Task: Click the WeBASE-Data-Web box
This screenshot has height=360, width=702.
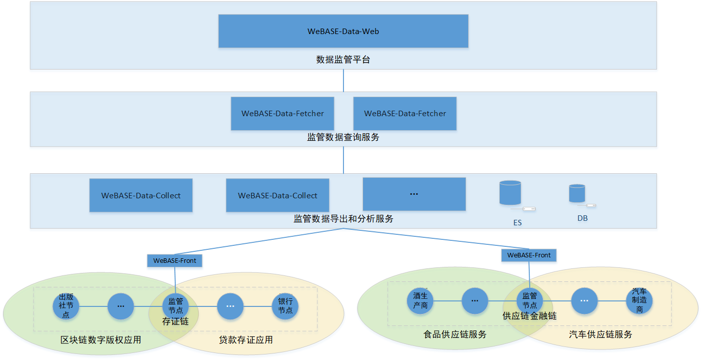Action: (x=343, y=31)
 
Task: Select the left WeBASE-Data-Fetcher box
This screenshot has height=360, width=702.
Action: (x=282, y=114)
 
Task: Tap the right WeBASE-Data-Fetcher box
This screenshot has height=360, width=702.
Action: (x=405, y=114)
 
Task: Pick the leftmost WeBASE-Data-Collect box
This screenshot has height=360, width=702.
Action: (x=141, y=195)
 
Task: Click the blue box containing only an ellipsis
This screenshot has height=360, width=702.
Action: (x=414, y=194)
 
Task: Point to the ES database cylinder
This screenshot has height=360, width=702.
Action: (x=510, y=192)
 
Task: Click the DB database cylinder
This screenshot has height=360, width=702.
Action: (x=577, y=193)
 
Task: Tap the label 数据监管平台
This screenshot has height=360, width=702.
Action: (x=343, y=60)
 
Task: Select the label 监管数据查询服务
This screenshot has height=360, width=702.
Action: (x=343, y=137)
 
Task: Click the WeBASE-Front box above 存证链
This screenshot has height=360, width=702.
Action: (x=175, y=261)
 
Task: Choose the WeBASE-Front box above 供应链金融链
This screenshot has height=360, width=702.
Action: (x=529, y=255)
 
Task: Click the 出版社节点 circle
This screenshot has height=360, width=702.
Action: (x=66, y=306)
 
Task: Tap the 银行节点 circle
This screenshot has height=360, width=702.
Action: (x=285, y=306)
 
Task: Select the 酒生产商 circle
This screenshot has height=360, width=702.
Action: (x=420, y=301)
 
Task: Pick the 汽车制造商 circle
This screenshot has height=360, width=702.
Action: (x=639, y=301)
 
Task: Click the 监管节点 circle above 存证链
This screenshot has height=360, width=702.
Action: (x=175, y=306)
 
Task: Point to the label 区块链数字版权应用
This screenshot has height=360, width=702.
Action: (x=101, y=340)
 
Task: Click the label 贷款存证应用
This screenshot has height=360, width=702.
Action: (x=246, y=340)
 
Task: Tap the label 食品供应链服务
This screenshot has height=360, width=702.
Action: (x=455, y=334)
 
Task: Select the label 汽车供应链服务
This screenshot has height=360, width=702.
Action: (x=600, y=334)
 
